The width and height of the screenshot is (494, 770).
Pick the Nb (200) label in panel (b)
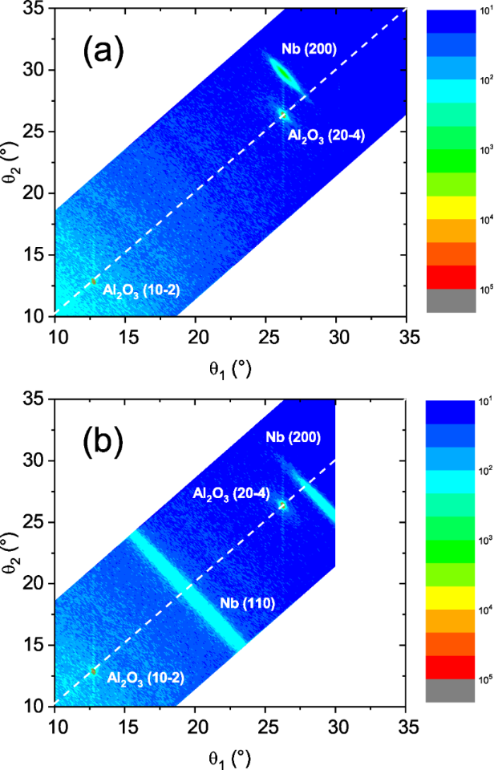294,438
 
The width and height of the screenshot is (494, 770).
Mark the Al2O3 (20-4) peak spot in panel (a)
282,115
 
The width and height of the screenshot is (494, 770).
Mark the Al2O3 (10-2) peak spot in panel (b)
93,671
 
